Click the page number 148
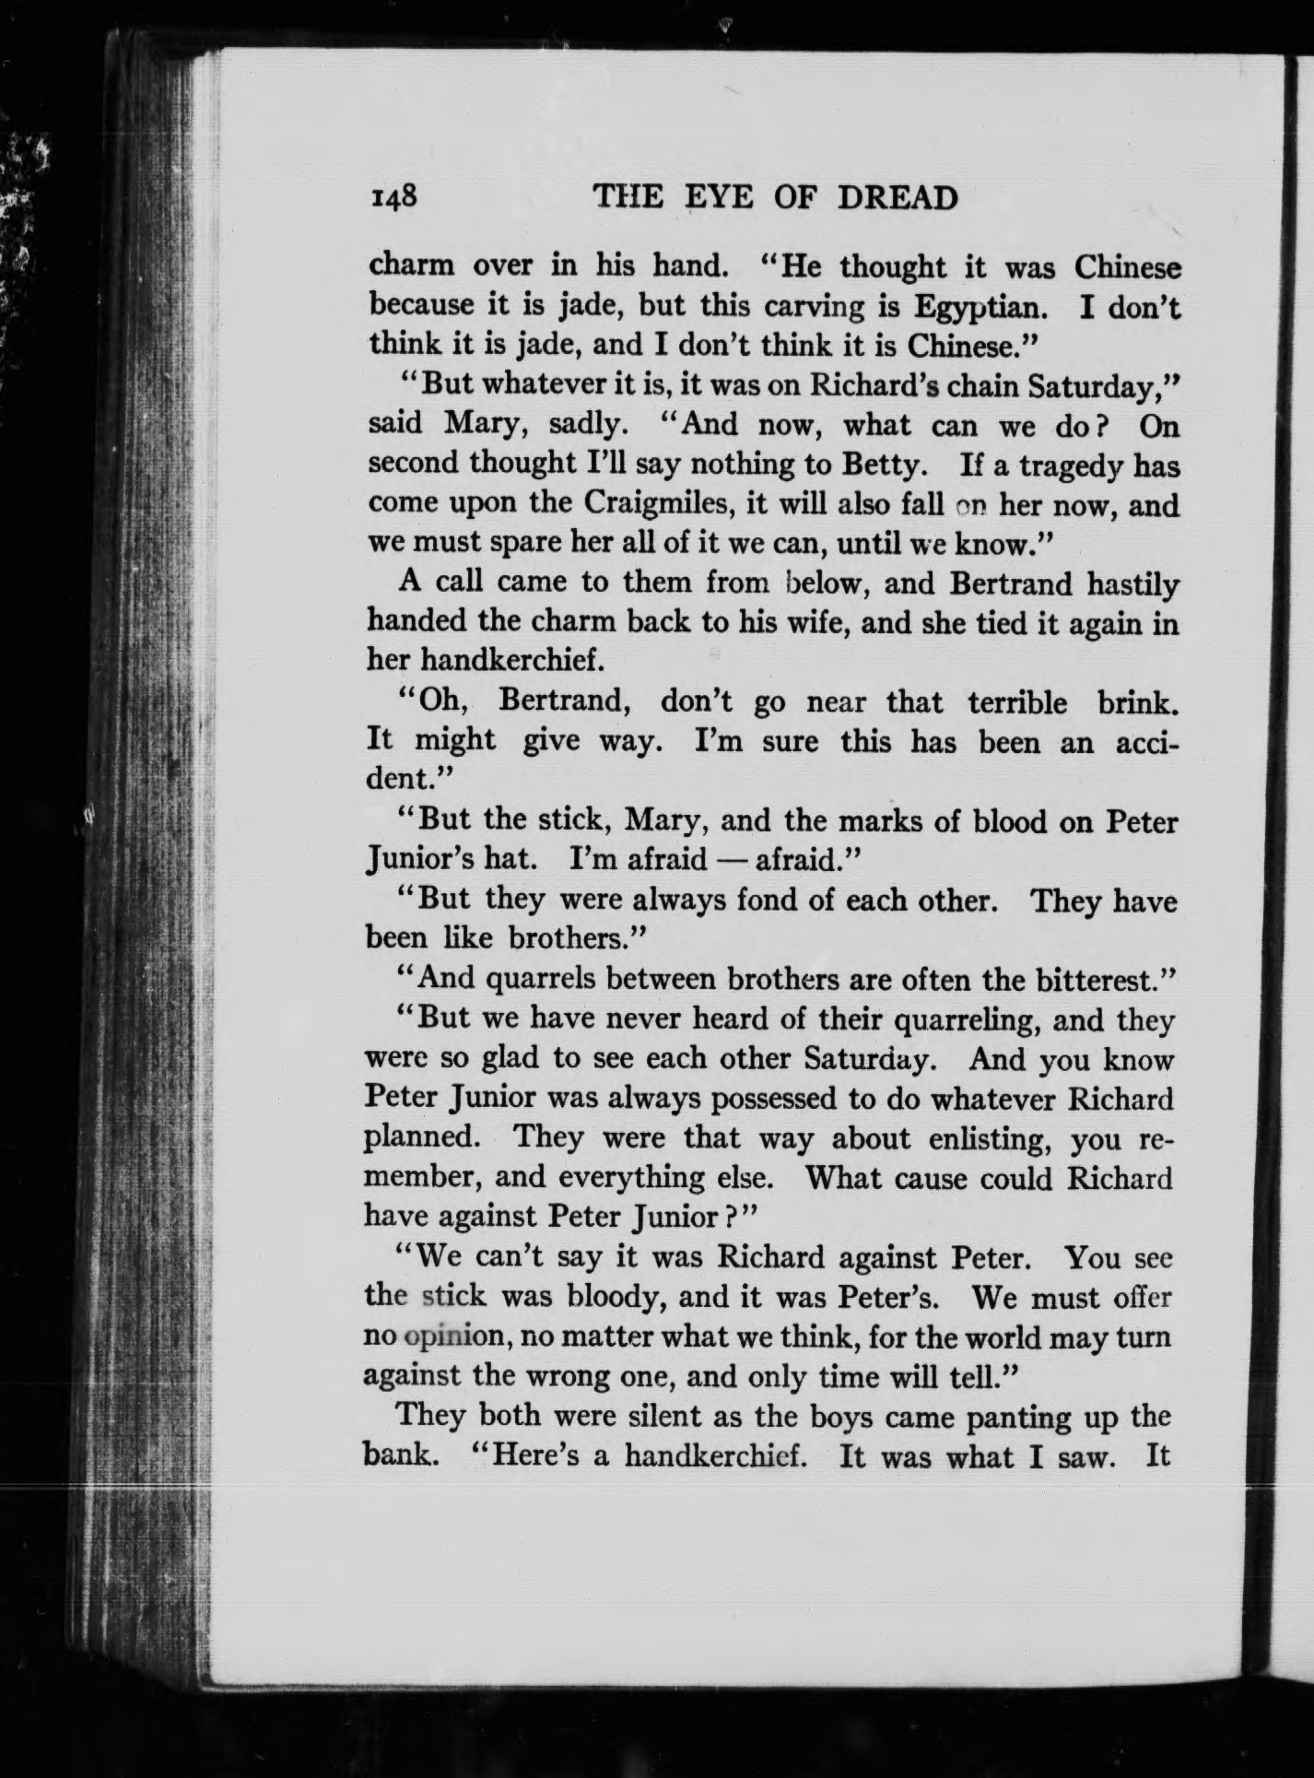pos(393,196)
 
